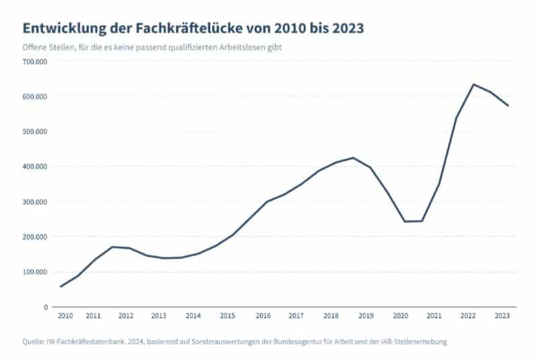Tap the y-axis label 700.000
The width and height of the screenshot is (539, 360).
point(34,61)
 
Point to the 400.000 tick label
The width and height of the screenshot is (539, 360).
point(34,167)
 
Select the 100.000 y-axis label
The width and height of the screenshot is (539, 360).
point(34,272)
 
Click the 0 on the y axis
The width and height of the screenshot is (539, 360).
point(45,307)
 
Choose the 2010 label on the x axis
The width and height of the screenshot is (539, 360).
point(65,316)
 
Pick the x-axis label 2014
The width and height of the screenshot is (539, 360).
point(193,316)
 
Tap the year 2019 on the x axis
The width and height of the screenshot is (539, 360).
point(365,316)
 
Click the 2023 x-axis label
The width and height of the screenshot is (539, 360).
point(502,316)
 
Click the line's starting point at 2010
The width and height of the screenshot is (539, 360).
point(61,287)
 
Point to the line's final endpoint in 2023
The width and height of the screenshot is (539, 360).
point(508,106)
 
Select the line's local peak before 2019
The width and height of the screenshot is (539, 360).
point(353,158)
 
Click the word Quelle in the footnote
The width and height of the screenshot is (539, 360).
point(34,342)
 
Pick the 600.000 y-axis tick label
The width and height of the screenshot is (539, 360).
point(34,96)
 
